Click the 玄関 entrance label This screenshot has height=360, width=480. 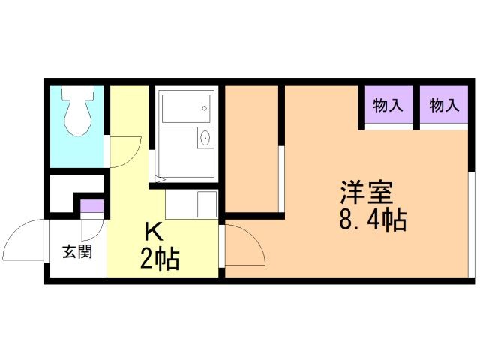(x=77, y=251)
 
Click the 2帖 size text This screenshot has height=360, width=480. (x=159, y=259)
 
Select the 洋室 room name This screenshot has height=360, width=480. (x=366, y=193)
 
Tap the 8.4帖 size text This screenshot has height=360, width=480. (x=372, y=220)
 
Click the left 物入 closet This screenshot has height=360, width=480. (x=388, y=106)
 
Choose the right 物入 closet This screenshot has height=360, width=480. (x=444, y=106)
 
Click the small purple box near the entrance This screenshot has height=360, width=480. (x=91, y=205)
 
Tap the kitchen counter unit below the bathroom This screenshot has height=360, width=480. (x=190, y=203)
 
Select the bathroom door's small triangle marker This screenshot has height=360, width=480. (x=159, y=179)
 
